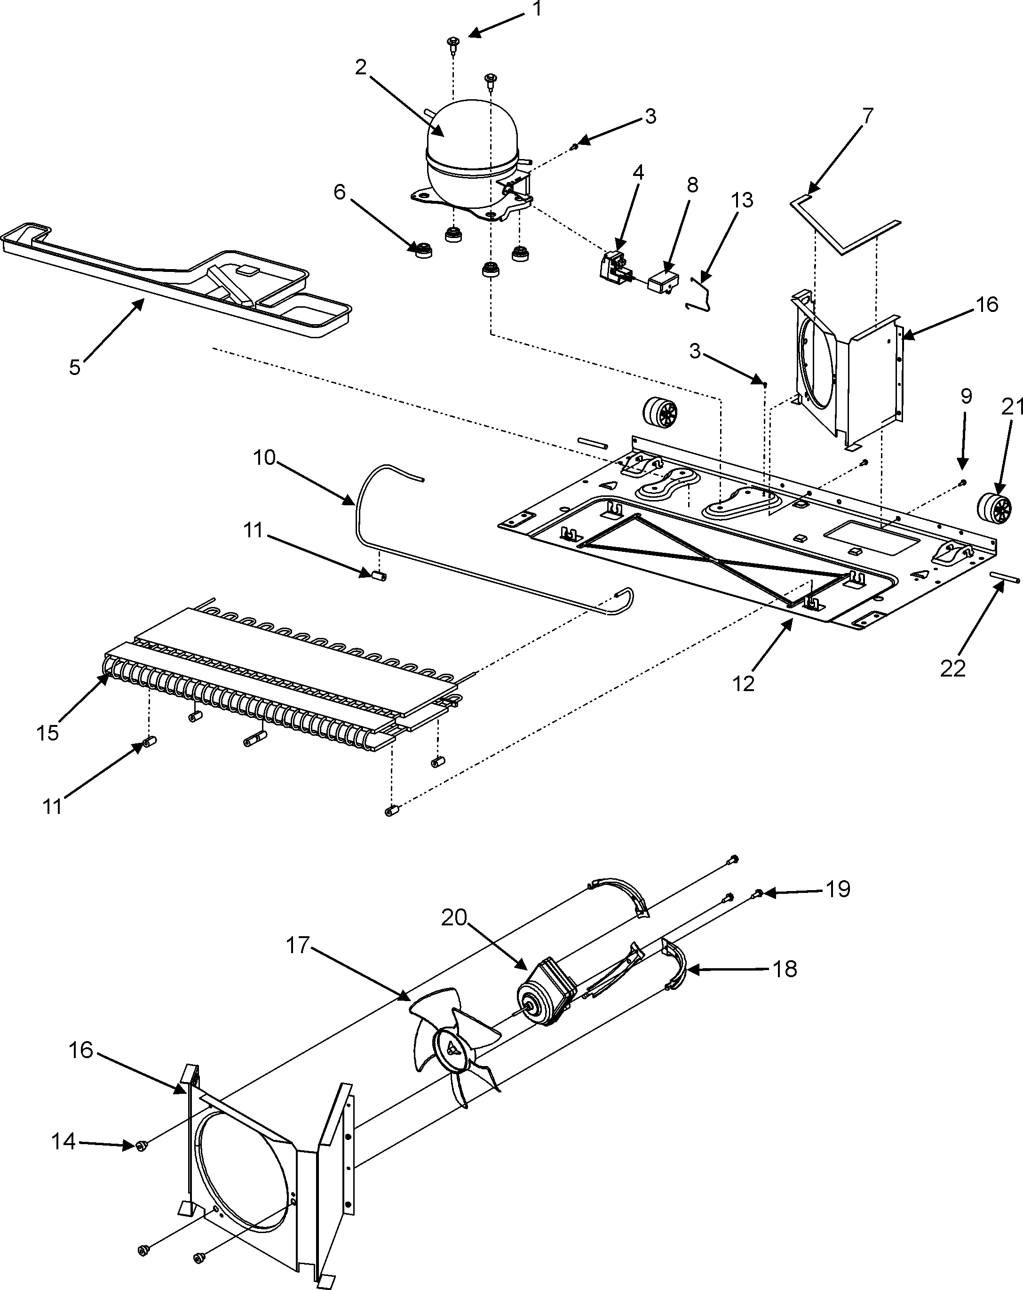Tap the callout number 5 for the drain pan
point(74,367)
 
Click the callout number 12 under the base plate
point(744,683)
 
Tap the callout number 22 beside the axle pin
point(952,669)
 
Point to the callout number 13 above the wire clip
point(741,200)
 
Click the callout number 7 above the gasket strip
point(866,115)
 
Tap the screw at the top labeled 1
point(452,42)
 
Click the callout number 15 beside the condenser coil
point(47,733)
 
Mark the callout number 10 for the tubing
point(264,458)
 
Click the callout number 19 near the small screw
point(838,906)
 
